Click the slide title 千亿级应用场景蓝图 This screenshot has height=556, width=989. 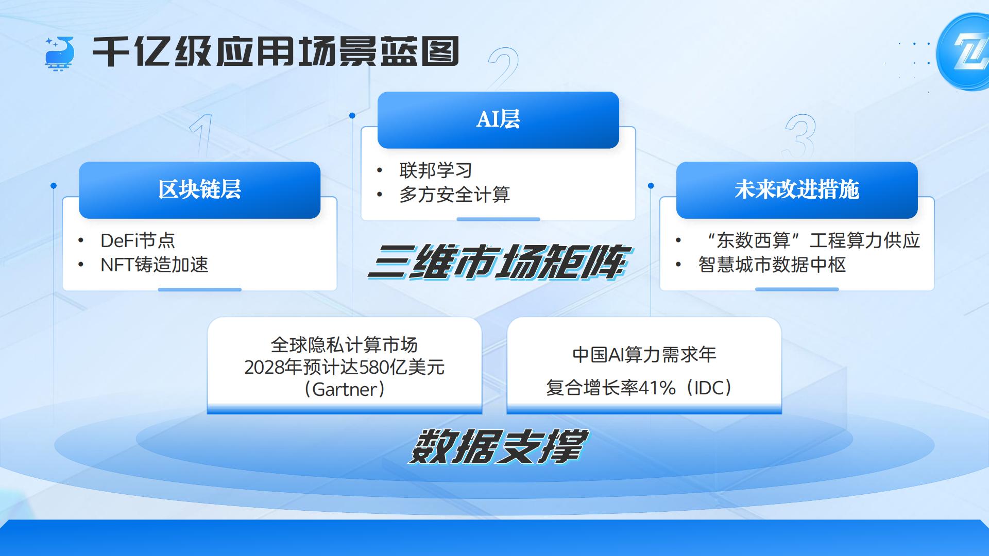(x=276, y=51)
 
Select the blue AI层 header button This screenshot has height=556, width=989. (x=498, y=120)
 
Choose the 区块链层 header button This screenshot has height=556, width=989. (x=199, y=190)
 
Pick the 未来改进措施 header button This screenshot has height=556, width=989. (x=797, y=190)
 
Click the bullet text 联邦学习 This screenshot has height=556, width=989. (x=436, y=170)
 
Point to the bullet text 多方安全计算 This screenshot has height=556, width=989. (x=454, y=195)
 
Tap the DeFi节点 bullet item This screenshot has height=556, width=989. (x=138, y=240)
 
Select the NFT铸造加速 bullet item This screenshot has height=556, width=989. (x=155, y=265)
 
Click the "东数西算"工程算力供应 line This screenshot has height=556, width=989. (x=813, y=240)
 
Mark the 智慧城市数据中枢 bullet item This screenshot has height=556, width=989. (x=772, y=265)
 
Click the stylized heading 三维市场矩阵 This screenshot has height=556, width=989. (x=498, y=262)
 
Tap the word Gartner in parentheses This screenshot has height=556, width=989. (x=345, y=389)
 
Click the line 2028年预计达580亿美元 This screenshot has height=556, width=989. (x=344, y=367)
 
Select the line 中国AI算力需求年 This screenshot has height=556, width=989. (x=644, y=355)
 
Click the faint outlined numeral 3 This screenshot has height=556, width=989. (x=800, y=136)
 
